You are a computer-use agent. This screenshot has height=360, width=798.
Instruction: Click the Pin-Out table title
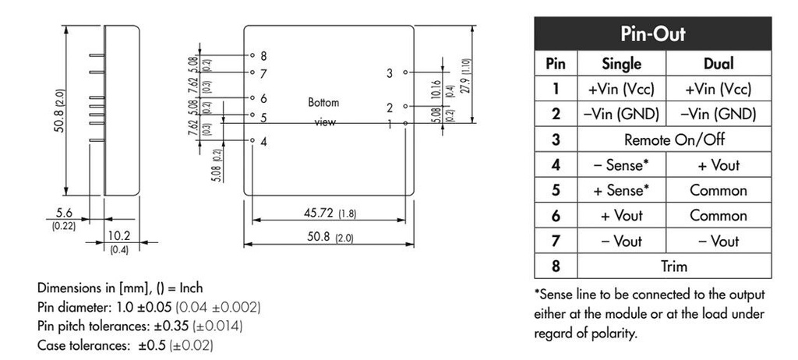[x=652, y=35]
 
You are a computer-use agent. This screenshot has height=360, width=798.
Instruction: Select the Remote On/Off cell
[x=674, y=140]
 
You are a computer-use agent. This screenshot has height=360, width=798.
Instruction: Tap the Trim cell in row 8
[x=674, y=266]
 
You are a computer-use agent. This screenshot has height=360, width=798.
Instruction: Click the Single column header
[x=622, y=64]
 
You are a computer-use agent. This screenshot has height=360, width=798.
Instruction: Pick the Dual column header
[x=718, y=64]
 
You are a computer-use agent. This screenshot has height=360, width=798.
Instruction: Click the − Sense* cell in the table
[x=622, y=165]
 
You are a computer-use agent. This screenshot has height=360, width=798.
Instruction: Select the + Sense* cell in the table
[x=622, y=191]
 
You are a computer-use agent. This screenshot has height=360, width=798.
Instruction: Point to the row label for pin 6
[x=556, y=216]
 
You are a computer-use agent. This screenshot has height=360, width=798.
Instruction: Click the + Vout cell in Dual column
[x=718, y=165]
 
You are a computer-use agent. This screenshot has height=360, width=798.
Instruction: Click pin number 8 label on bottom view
[x=264, y=56]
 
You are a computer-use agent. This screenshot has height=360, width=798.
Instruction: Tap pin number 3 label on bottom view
[x=390, y=73]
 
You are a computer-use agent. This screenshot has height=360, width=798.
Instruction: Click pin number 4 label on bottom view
[x=264, y=142]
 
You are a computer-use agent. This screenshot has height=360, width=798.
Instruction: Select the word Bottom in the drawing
[x=324, y=103]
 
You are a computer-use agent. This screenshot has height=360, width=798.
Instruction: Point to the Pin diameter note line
[x=149, y=307]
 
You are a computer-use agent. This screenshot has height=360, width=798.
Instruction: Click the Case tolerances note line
[x=125, y=344]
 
